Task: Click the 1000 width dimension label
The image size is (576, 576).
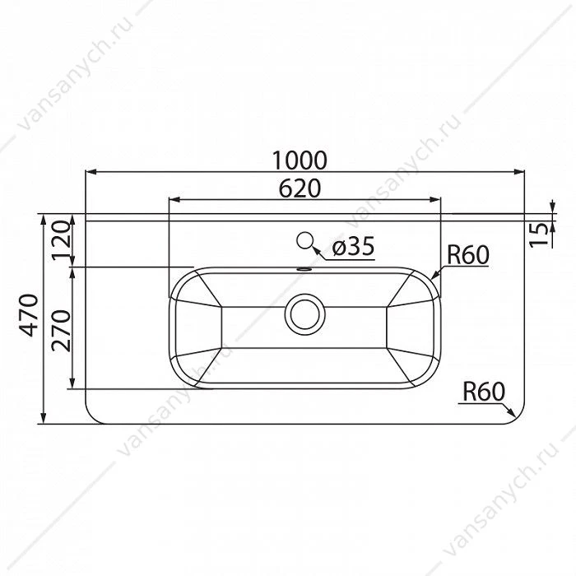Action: tap(300, 160)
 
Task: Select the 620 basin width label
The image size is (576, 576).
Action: tap(300, 188)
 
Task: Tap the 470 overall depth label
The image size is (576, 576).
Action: tap(29, 315)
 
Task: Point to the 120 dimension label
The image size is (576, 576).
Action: tap(61, 240)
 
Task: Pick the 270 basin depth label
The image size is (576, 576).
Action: tap(61, 331)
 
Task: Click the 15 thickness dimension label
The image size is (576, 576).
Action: tap(539, 235)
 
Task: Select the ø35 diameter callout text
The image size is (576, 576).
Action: tap(353, 246)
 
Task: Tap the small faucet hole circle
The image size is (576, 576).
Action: tap(304, 240)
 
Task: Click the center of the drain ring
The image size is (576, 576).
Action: tap(305, 314)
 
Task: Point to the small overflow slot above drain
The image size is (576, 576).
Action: tap(304, 269)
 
